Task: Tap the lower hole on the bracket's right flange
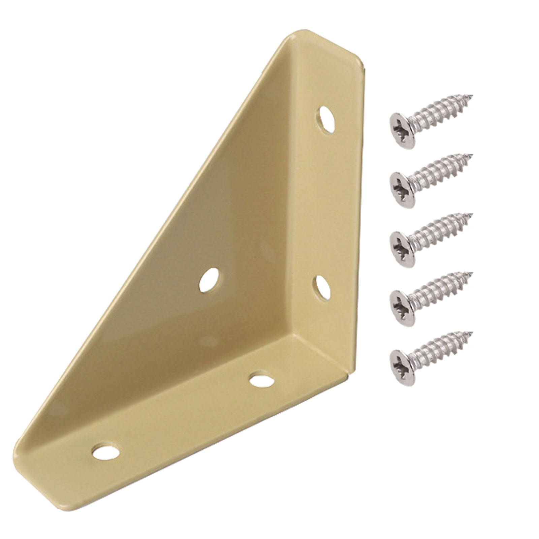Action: pyautogui.click(x=323, y=288)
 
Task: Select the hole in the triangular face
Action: pyautogui.click(x=209, y=280)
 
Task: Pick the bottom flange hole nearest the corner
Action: pyautogui.click(x=261, y=380)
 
